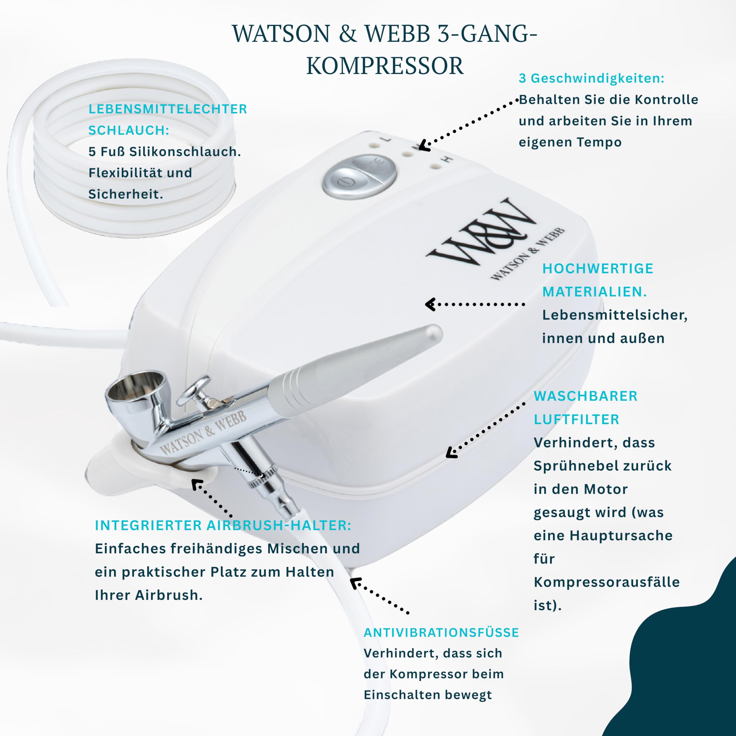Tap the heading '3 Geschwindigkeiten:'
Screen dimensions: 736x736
591,78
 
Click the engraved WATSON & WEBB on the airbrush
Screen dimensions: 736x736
203,433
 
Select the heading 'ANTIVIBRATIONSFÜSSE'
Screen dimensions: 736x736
441,633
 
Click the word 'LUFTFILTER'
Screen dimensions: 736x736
576,419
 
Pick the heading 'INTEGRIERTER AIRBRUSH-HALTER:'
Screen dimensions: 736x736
223,525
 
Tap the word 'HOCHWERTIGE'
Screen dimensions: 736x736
598,269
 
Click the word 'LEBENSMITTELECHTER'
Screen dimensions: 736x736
168,109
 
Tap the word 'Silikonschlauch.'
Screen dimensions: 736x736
185,152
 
